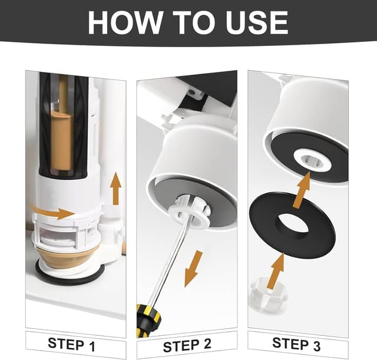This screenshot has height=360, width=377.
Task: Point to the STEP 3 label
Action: [297, 344]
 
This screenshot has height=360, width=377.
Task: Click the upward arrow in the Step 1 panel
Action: [116, 189]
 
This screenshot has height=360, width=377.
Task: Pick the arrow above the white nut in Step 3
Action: [276, 269]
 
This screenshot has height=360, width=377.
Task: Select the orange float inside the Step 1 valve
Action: [62, 138]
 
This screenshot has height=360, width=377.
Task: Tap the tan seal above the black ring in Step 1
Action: [65, 259]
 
